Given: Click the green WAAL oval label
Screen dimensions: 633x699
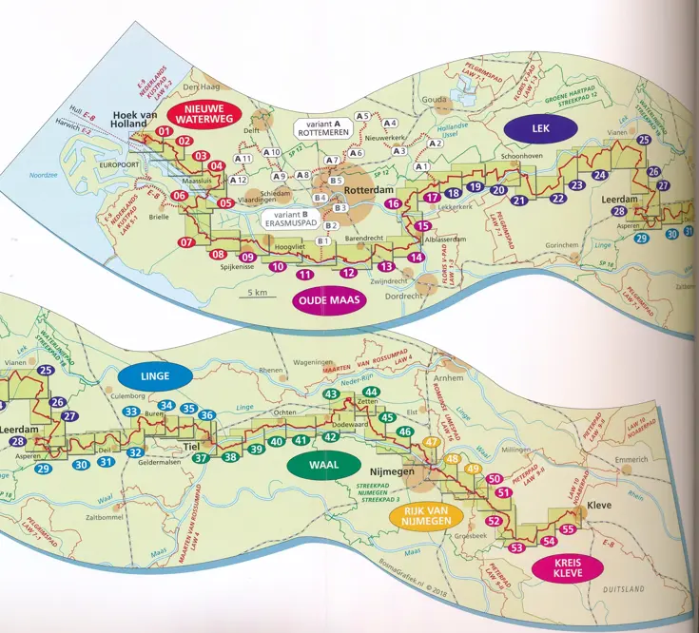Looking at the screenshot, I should [x=317, y=466].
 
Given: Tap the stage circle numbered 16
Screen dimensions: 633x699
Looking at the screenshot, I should [x=392, y=203].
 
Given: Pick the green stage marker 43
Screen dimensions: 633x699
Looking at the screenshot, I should [x=332, y=394].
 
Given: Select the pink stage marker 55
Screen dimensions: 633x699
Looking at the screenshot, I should [x=568, y=529].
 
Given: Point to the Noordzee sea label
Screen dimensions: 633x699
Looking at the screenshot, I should [x=44, y=175].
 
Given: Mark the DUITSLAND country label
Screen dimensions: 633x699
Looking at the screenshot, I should [x=622, y=590].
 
